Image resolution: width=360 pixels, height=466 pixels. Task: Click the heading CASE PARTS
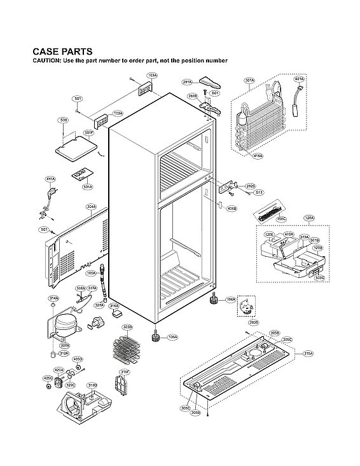tap(62, 51)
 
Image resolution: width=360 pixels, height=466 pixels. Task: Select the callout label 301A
tap(249, 81)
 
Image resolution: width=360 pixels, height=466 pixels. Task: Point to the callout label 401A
tap(300, 79)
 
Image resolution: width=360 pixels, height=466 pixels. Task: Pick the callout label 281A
tap(187, 82)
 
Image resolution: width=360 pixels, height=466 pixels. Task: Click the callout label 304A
tap(91, 207)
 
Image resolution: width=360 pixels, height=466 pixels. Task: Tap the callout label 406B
tap(232, 208)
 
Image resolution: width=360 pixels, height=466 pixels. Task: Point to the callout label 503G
tap(319, 278)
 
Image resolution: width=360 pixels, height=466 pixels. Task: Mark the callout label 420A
tap(59, 369)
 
